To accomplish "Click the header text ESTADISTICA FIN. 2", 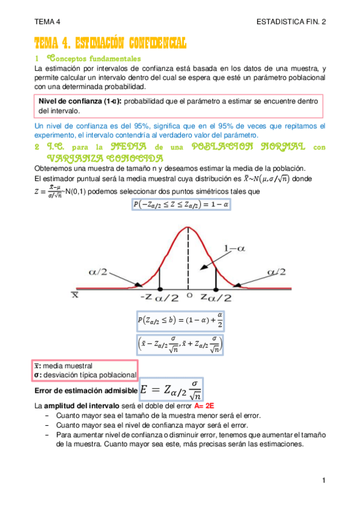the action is click(291, 22).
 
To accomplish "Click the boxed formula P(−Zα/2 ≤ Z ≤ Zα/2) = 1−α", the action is click(180, 204).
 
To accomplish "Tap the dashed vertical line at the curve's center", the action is click(189, 259).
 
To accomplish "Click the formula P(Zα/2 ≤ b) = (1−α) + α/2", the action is click(180, 322).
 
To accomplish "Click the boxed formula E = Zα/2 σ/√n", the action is click(171, 390).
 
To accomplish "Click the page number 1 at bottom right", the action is click(323, 480).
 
